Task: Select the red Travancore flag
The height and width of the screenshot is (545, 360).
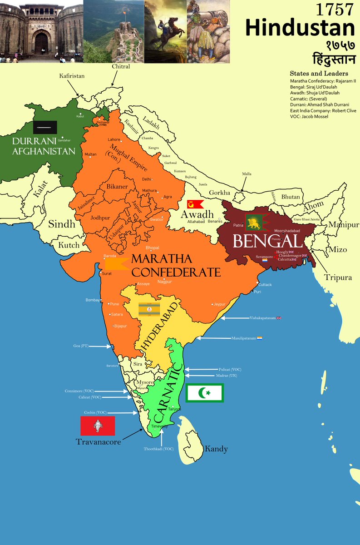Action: click(98, 426)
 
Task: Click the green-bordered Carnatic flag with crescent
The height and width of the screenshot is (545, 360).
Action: click(204, 393)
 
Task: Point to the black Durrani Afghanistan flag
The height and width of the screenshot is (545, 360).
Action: click(45, 127)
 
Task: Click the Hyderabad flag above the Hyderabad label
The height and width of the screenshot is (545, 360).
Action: click(149, 309)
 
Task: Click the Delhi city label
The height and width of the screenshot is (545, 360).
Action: click(146, 179)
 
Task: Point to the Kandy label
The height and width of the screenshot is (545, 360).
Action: click(216, 449)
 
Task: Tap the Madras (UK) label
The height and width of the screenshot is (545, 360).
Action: click(215, 376)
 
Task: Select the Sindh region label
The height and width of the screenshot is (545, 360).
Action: click(62, 223)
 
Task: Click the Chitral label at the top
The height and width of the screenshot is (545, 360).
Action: click(121, 67)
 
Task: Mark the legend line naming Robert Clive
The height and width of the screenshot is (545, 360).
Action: click(323, 110)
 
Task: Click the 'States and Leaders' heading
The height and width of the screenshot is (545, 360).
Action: click(319, 74)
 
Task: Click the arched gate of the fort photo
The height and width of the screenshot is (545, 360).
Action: click(41, 43)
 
